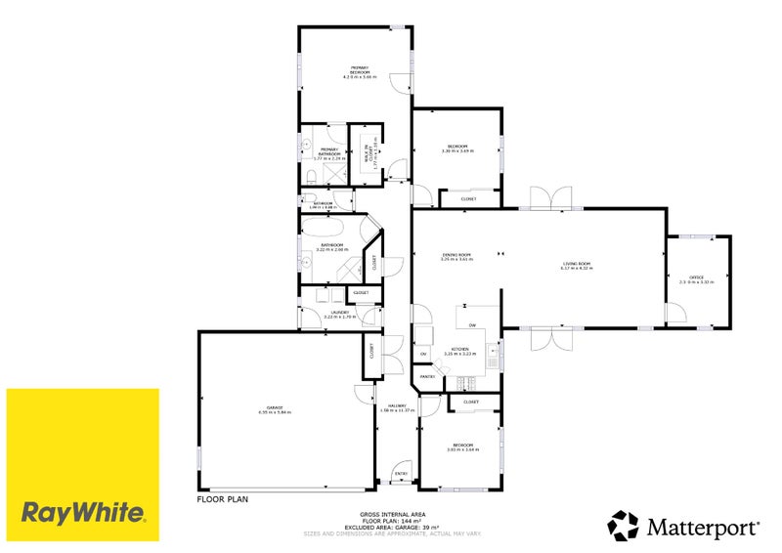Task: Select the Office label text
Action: pyautogui.click(x=697, y=279)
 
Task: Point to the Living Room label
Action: pyautogui.click(x=576, y=266)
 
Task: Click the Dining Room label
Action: pyautogui.click(x=456, y=257)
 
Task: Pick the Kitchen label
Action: pyautogui.click(x=459, y=350)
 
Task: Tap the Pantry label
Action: pyautogui.click(x=427, y=376)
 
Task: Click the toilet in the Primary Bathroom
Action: pyautogui.click(x=309, y=174)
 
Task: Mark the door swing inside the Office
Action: pyautogui.click(x=675, y=314)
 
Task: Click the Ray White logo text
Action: pyautogui.click(x=83, y=512)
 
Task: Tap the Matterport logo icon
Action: pyautogui.click(x=625, y=526)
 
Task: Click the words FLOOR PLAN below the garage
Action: pyautogui.click(x=223, y=498)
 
